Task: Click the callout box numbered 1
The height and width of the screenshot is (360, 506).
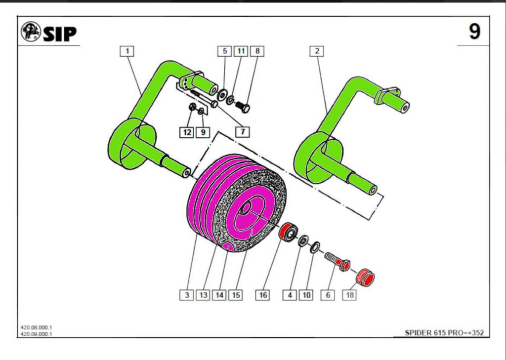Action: pyautogui.click(x=127, y=51)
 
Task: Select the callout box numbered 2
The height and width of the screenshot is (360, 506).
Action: pyautogui.click(x=317, y=51)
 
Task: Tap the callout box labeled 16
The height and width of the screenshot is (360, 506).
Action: pyautogui.click(x=263, y=295)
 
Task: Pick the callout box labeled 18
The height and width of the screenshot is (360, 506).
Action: pyautogui.click(x=350, y=295)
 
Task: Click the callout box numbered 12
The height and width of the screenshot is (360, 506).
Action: pyautogui.click(x=186, y=132)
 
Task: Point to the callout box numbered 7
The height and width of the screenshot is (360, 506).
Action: pyautogui.click(x=243, y=132)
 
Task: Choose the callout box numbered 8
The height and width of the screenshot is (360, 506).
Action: pyautogui.click(x=257, y=51)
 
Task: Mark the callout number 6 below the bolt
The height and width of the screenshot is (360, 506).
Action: pyautogui.click(x=327, y=295)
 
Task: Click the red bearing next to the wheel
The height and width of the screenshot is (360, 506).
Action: pyautogui.click(x=287, y=232)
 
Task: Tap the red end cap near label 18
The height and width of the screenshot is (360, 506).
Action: pyautogui.click(x=366, y=277)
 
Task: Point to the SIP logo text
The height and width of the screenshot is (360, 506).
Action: pyautogui.click(x=59, y=34)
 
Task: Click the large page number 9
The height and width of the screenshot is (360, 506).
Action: pyautogui.click(x=474, y=32)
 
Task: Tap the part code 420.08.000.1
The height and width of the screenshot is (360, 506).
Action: pyautogui.click(x=37, y=327)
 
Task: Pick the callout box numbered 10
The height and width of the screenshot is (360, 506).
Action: pyautogui.click(x=306, y=295)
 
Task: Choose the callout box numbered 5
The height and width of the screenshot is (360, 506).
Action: pyautogui.click(x=224, y=51)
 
